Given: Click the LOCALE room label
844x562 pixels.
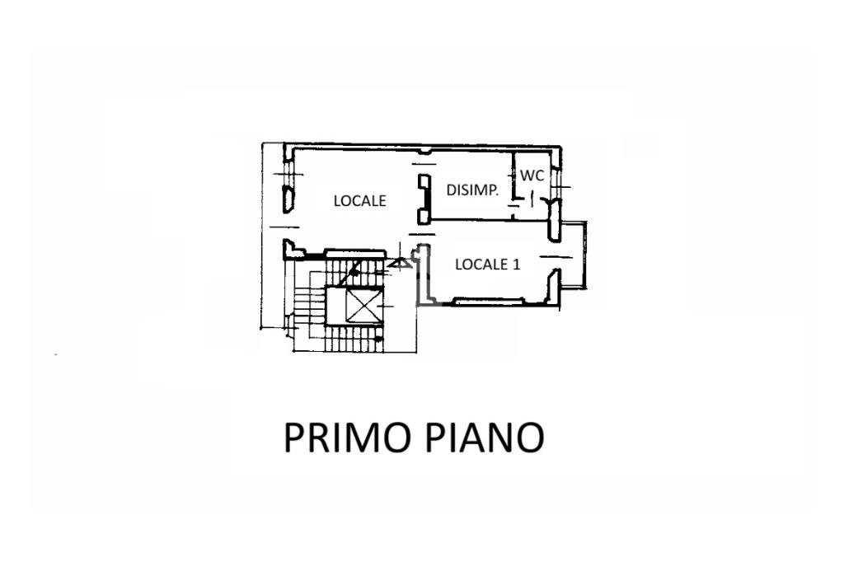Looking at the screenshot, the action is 359,200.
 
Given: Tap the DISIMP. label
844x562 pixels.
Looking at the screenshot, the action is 472,190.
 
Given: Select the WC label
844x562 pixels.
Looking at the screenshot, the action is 531,176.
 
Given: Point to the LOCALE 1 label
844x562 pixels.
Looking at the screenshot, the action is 488,265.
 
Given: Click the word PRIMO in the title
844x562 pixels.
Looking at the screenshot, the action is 343,438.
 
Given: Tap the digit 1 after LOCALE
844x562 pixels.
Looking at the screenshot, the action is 517,265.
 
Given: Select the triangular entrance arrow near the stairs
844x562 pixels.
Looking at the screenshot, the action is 401,264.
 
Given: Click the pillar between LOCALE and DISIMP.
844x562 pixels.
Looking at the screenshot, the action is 424,199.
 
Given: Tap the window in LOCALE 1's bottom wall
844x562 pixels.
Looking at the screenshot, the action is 490,302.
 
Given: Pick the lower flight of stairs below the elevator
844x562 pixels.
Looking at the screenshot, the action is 354,339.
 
